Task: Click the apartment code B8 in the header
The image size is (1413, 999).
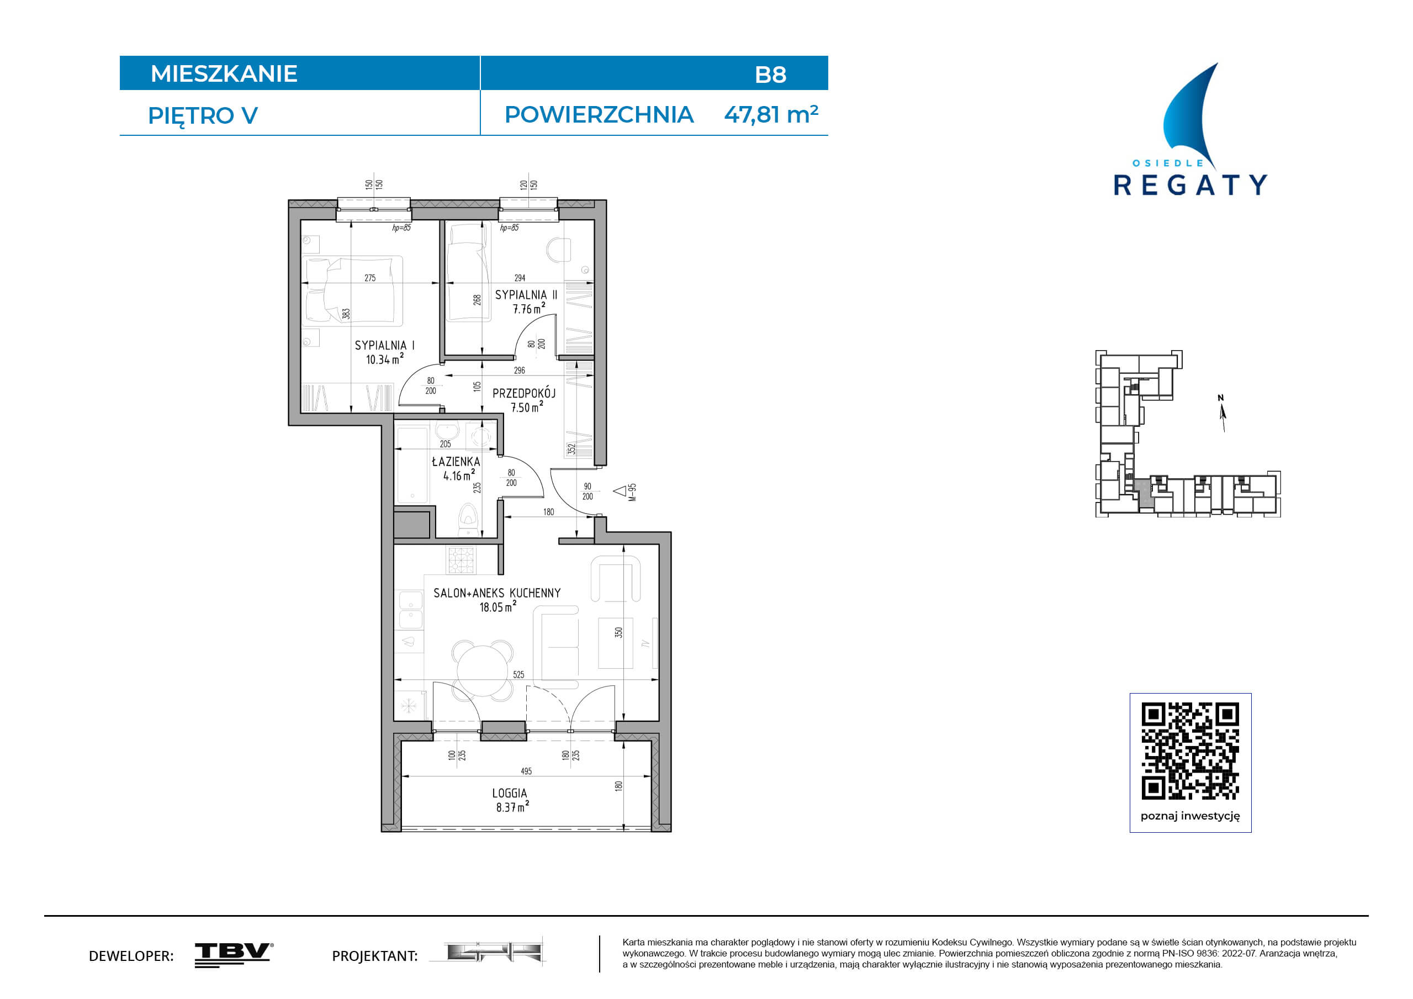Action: point(770,75)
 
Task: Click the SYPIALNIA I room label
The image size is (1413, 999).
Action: point(385,345)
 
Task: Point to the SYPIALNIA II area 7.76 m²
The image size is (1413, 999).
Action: point(528,308)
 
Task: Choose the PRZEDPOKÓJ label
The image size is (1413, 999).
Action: point(523,393)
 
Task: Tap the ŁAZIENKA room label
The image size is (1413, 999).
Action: point(456,461)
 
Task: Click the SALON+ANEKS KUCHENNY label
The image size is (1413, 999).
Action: point(496,593)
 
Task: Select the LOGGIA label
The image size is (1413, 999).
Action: point(509,793)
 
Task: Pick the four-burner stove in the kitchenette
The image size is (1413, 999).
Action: point(461,561)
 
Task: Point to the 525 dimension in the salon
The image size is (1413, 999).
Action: point(519,675)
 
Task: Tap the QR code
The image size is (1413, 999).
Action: point(1190,751)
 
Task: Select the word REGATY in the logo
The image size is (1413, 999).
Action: point(1190,185)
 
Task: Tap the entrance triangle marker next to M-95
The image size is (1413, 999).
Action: point(620,490)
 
